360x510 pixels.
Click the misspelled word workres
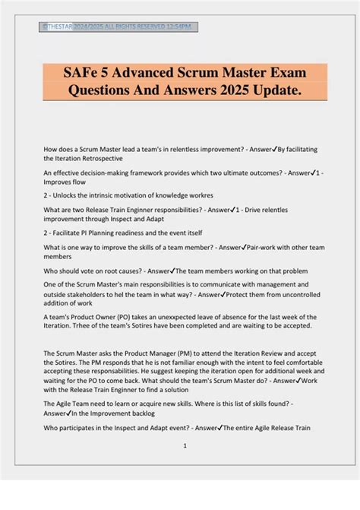(197, 195)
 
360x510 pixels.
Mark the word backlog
(142, 413)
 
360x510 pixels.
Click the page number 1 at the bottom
(185, 446)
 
